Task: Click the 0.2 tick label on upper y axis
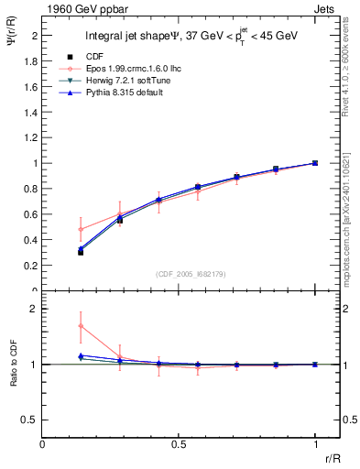pos(30,266)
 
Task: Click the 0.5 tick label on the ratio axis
pos(30,420)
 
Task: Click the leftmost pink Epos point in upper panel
pos(81,229)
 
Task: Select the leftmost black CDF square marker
pos(81,252)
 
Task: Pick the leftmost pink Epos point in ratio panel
pos(81,326)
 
